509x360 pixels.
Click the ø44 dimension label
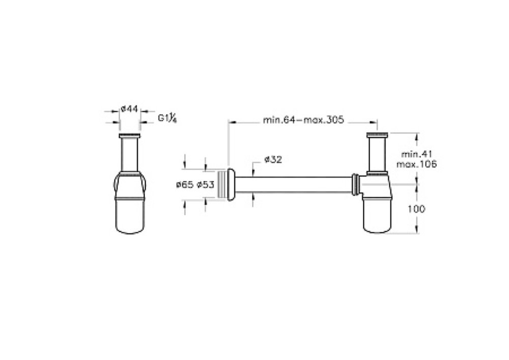[129, 109]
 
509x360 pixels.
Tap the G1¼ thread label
[167, 118]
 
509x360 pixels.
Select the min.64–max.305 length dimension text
[303, 120]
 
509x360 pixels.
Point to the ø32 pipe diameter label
[273, 160]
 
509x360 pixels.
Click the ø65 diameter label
[184, 185]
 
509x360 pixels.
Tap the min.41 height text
[417, 154]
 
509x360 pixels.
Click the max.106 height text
[417, 164]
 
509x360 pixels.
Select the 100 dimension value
[416, 209]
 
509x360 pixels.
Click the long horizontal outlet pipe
[294, 185]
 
